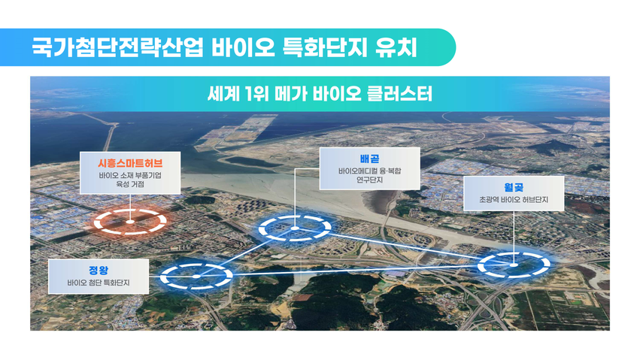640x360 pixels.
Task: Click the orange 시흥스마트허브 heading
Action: [x=130, y=164]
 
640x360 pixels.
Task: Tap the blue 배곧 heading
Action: [x=369, y=159]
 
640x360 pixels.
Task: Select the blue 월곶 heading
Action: [x=514, y=188]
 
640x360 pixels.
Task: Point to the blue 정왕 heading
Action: [x=99, y=271]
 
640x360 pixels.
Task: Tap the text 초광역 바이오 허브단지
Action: [x=514, y=200]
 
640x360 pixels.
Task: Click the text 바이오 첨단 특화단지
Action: [x=99, y=283]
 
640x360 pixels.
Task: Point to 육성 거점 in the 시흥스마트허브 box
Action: [x=130, y=184]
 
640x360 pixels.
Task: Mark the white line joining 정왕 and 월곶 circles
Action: [x=355, y=271]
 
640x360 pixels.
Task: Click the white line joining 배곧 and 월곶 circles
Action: [x=404, y=247]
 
